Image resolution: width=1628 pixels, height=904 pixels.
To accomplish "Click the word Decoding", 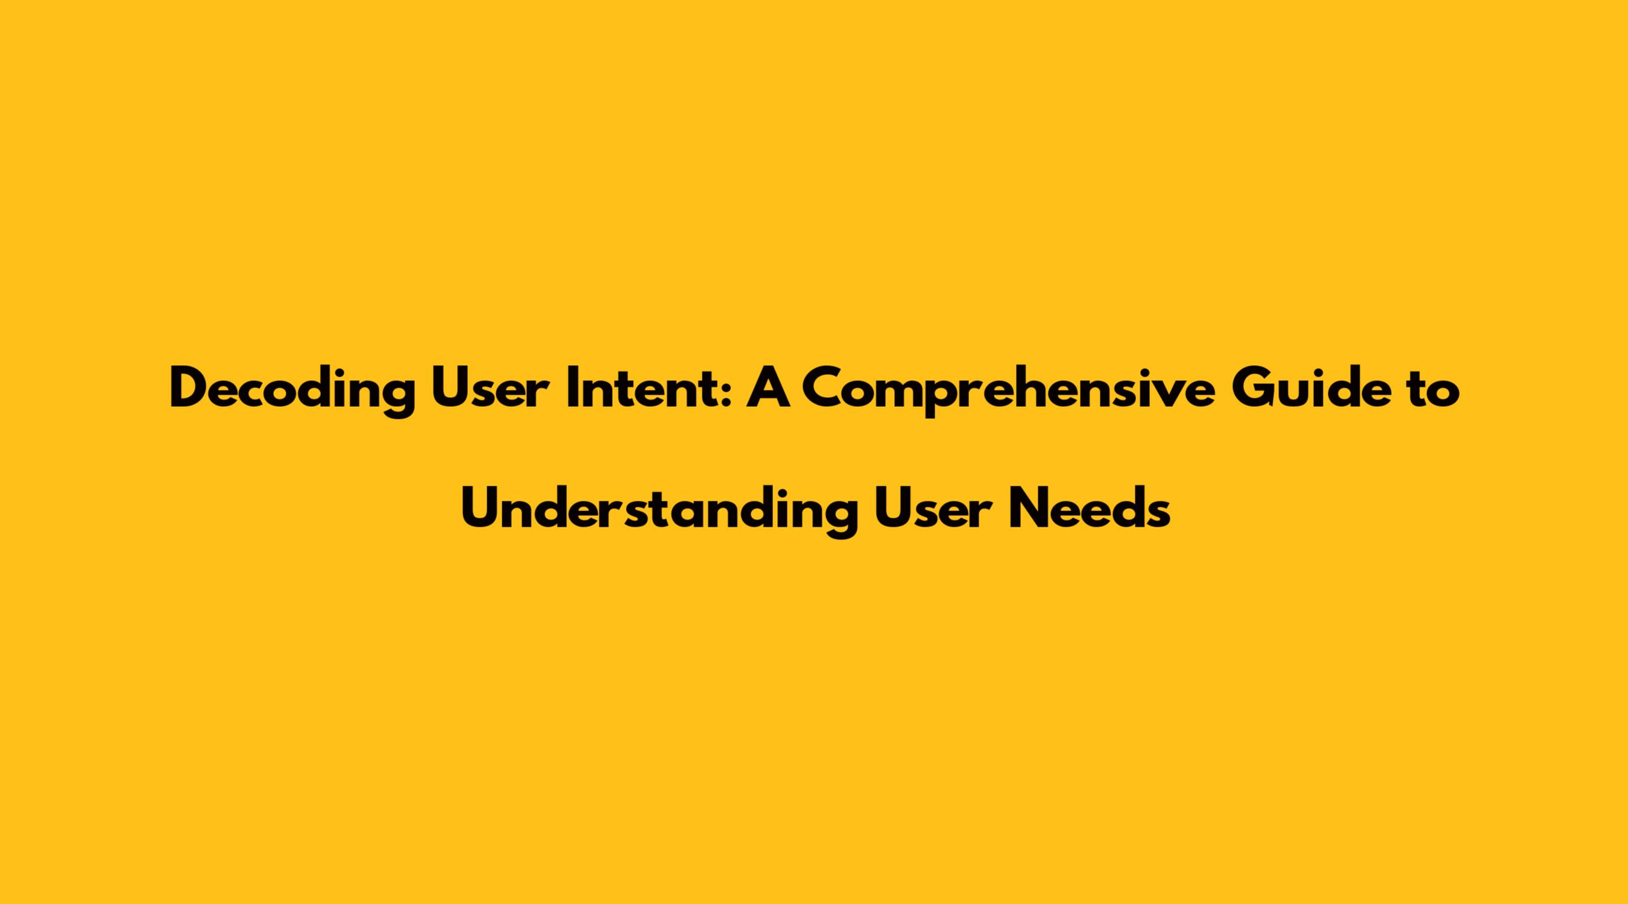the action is coord(292,392).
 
